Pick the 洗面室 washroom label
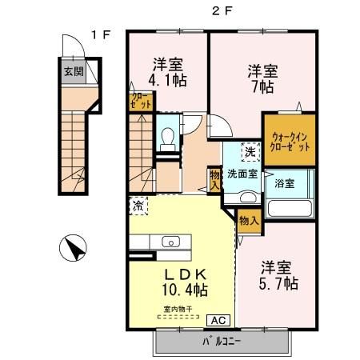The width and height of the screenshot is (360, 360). click(241, 172)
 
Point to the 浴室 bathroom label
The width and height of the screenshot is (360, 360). click(285, 183)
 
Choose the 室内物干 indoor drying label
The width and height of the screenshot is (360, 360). click(180, 308)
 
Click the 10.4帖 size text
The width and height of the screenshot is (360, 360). click(183, 290)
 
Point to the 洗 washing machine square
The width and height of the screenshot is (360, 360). click(250, 151)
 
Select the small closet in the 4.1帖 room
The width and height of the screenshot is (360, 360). click(138, 102)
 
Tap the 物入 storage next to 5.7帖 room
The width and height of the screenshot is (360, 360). click(248, 221)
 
